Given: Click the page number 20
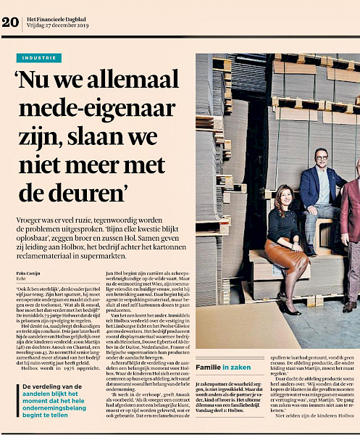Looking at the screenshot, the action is tap(10, 22).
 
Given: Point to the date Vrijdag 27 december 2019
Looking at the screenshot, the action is tap(59, 26).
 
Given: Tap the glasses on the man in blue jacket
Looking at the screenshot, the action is tap(322, 157).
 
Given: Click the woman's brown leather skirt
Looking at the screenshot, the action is tap(285, 252).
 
